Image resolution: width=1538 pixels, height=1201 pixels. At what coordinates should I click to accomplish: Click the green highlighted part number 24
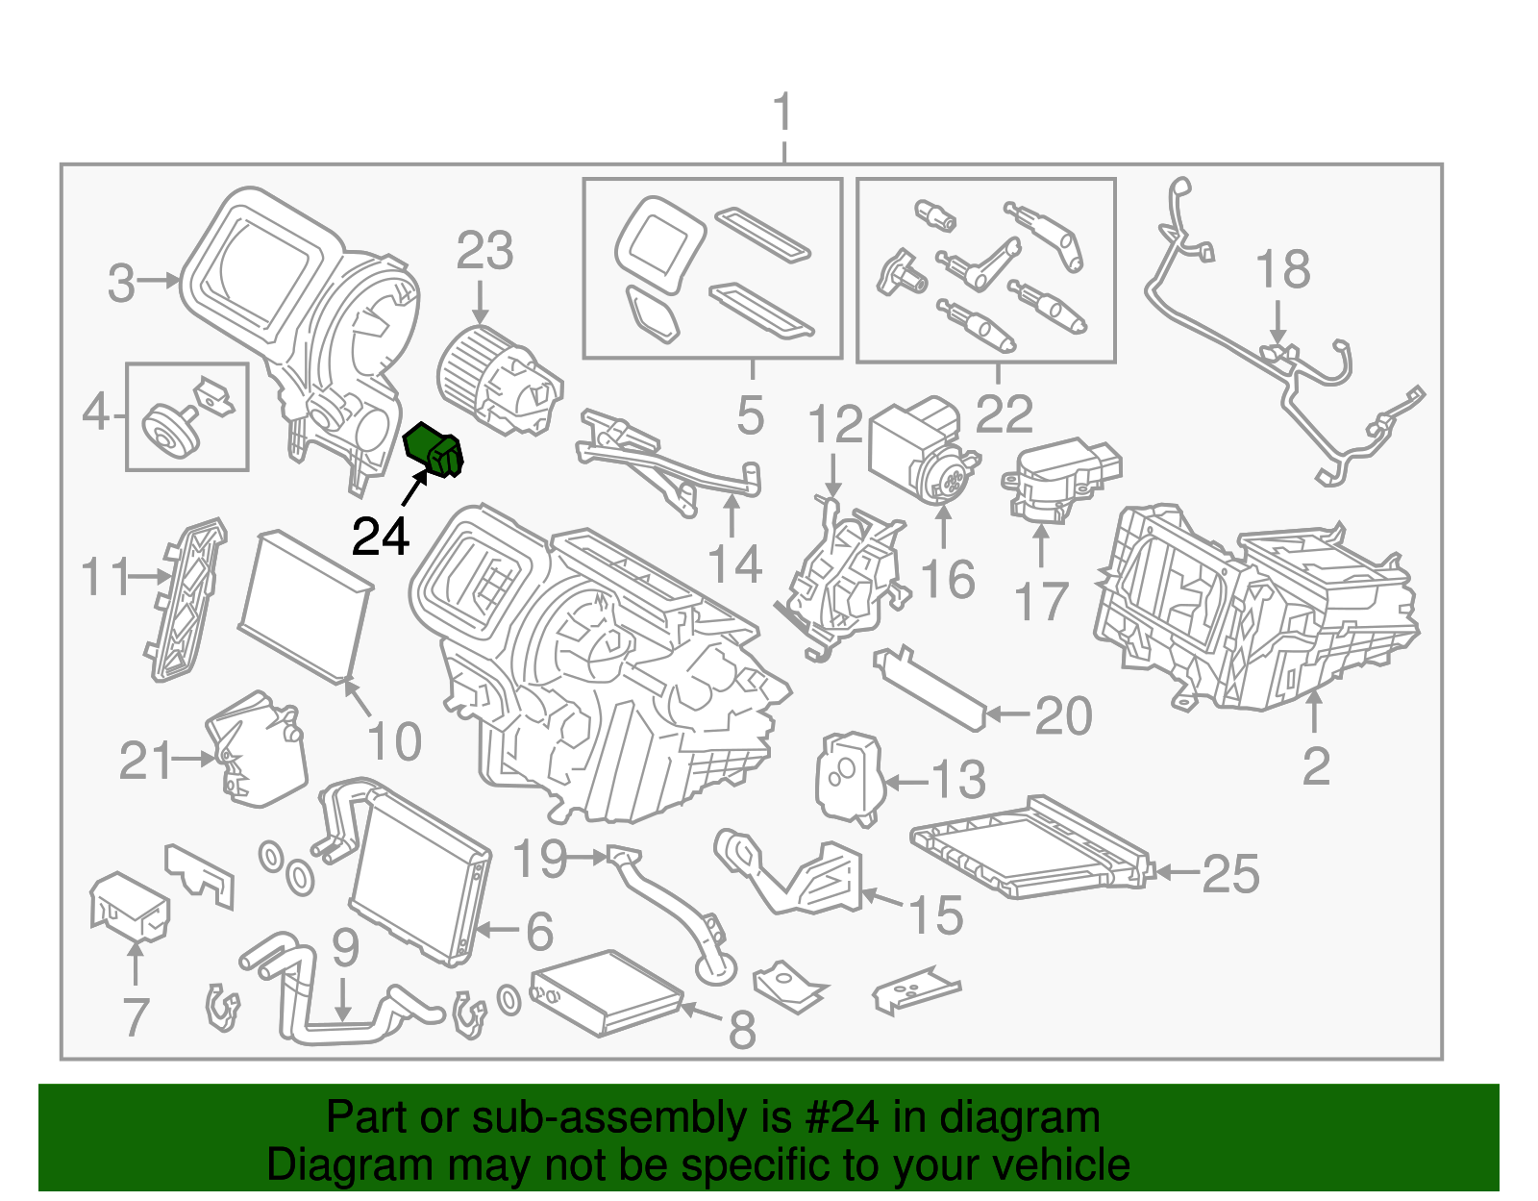[434, 451]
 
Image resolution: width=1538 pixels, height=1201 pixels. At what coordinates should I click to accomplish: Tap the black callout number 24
[381, 537]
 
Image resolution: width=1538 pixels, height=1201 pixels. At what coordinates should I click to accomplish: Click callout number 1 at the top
[783, 113]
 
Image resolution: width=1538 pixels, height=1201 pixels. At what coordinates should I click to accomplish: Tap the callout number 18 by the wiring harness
[1282, 269]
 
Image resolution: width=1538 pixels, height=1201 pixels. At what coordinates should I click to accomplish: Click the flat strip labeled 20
[929, 687]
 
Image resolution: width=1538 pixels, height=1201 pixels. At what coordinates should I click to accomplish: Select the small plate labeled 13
[848, 777]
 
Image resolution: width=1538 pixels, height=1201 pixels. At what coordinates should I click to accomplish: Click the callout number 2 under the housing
[1316, 765]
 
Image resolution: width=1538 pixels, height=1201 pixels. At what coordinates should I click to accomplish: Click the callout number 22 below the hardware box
[1005, 413]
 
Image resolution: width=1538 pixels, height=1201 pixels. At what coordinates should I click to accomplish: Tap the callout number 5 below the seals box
[751, 415]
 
